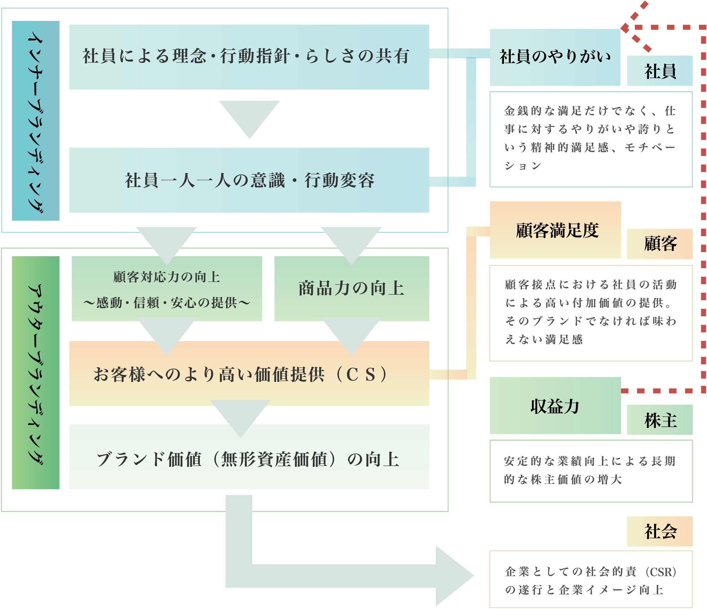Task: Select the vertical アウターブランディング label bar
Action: click(x=35, y=372)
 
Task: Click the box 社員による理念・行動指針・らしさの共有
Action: click(x=249, y=57)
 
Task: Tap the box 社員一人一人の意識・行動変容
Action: click(x=249, y=180)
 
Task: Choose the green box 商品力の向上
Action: click(x=351, y=289)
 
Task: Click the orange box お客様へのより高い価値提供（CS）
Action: click(x=249, y=374)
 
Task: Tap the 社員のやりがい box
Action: click(x=555, y=57)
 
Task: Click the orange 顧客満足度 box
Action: click(x=555, y=230)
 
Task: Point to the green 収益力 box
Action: click(x=555, y=405)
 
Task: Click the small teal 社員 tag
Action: click(x=660, y=71)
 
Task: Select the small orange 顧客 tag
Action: click(x=660, y=244)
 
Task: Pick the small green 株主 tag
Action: click(x=660, y=420)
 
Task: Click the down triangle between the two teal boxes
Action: click(x=249, y=116)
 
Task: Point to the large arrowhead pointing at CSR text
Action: click(x=452, y=576)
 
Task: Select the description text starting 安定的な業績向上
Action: click(x=590, y=470)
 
